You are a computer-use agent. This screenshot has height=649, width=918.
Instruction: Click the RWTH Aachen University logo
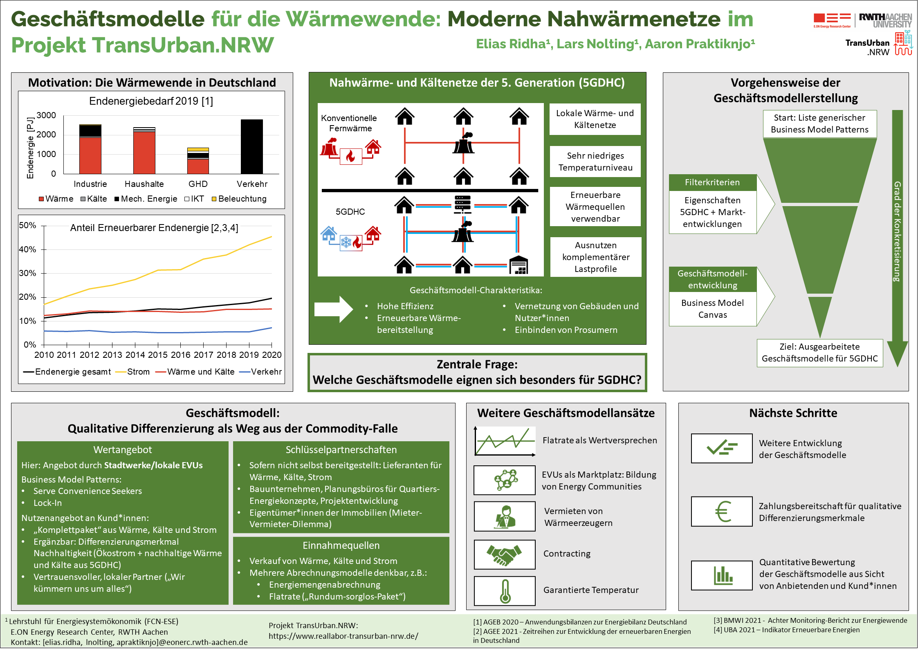click(885, 20)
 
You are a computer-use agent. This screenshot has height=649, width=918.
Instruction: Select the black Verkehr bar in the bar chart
click(252, 147)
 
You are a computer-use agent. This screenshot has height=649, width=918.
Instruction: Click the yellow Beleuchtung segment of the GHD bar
click(198, 150)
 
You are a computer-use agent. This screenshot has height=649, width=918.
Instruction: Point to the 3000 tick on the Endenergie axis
click(46, 115)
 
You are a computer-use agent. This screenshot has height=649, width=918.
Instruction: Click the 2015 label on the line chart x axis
click(158, 355)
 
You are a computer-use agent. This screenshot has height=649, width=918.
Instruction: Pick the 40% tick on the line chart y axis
click(27, 249)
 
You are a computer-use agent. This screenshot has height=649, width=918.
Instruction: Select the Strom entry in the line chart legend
click(133, 372)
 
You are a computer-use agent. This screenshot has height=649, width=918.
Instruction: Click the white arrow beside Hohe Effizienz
click(334, 310)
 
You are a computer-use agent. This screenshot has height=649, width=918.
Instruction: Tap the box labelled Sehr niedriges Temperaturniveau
click(595, 162)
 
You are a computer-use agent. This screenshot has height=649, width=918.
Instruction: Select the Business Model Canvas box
click(713, 309)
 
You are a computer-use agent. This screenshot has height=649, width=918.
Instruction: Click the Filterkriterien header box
click(713, 182)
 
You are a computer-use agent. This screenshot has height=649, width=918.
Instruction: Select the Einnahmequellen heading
click(341, 546)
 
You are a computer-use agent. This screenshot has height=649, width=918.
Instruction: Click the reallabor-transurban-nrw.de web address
click(343, 636)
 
